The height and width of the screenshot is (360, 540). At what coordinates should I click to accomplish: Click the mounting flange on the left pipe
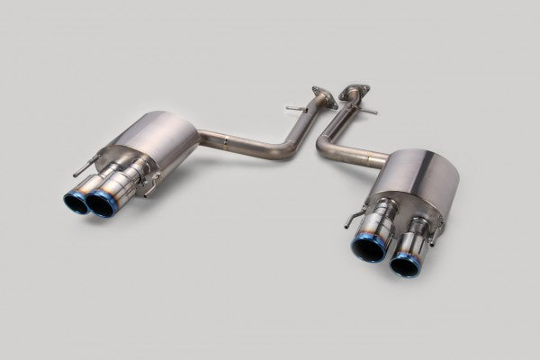[x=319, y=92]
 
